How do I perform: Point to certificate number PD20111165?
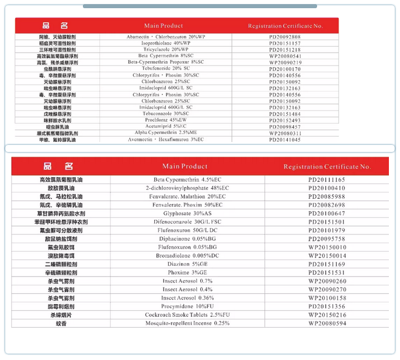click(326, 179)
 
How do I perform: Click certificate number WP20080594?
click(326, 323)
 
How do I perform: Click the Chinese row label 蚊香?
click(61, 323)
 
